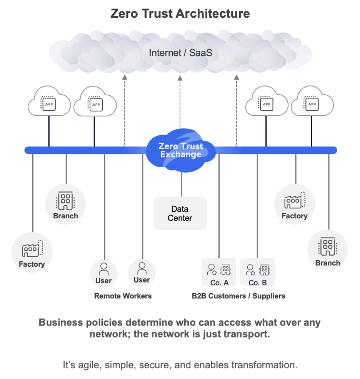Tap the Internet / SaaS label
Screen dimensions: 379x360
click(180, 53)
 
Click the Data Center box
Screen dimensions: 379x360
click(180, 213)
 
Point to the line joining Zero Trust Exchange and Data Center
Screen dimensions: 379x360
click(181, 185)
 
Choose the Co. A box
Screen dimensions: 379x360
click(219, 272)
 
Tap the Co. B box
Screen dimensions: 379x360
click(257, 272)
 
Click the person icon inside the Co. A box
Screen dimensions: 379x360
click(212, 269)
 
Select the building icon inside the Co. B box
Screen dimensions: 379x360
click(264, 269)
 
